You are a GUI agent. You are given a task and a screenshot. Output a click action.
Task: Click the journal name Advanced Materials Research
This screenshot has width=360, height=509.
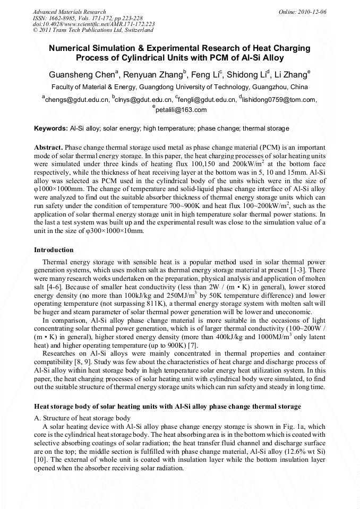point(69,12)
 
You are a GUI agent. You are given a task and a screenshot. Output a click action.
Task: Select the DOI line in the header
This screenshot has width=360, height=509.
point(93,24)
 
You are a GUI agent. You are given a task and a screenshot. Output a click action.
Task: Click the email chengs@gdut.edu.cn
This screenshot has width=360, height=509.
point(77,99)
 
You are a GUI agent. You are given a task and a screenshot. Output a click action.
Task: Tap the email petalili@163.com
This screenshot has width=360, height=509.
point(181,110)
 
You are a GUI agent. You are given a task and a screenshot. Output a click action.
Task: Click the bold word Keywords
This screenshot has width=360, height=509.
point(50,128)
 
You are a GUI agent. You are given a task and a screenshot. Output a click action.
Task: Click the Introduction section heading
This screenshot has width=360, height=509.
point(54,250)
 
